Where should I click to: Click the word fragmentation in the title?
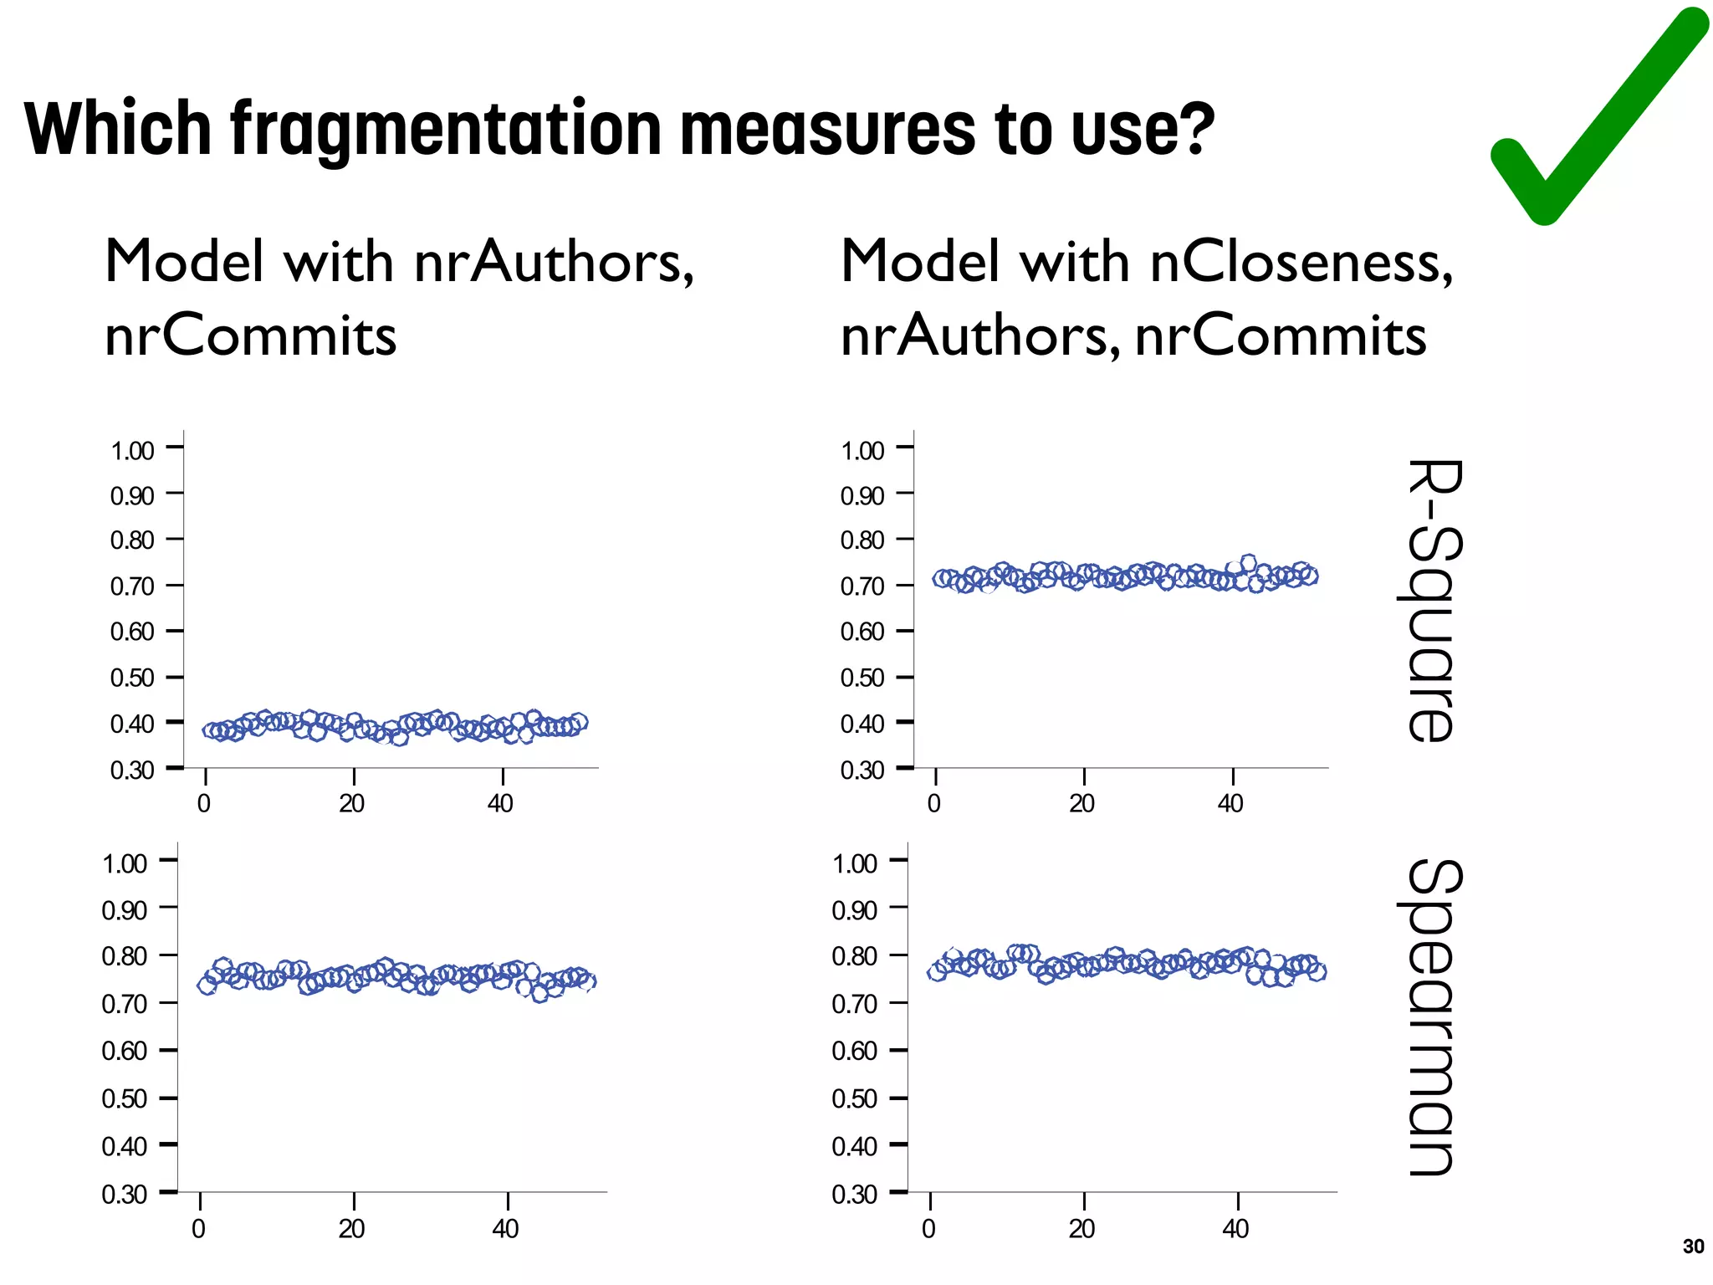pos(447,130)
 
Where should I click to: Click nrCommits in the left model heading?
pos(250,335)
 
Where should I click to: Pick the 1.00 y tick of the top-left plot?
pos(132,451)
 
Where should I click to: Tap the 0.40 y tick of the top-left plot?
pos(132,724)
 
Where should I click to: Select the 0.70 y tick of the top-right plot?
pos(862,586)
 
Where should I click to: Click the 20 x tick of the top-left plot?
pos(352,804)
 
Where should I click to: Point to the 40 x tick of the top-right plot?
pos(1230,804)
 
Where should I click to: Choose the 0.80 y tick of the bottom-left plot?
pos(125,956)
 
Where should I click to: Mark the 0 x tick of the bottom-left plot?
pos(199,1229)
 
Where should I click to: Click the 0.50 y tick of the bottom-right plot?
pos(855,1099)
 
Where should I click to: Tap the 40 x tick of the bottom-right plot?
pos(1235,1229)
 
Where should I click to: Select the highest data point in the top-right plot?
pos(1248,563)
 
